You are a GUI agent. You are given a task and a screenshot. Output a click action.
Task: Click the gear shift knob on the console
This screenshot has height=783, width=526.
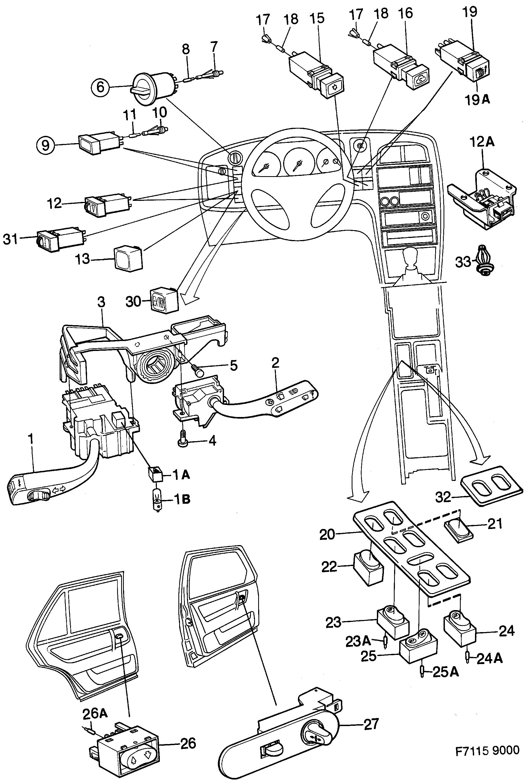coord(412,260)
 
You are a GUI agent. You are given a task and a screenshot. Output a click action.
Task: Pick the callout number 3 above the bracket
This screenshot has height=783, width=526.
coord(101,302)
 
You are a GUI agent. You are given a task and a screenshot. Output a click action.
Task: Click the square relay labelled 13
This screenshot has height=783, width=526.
coord(128,258)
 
